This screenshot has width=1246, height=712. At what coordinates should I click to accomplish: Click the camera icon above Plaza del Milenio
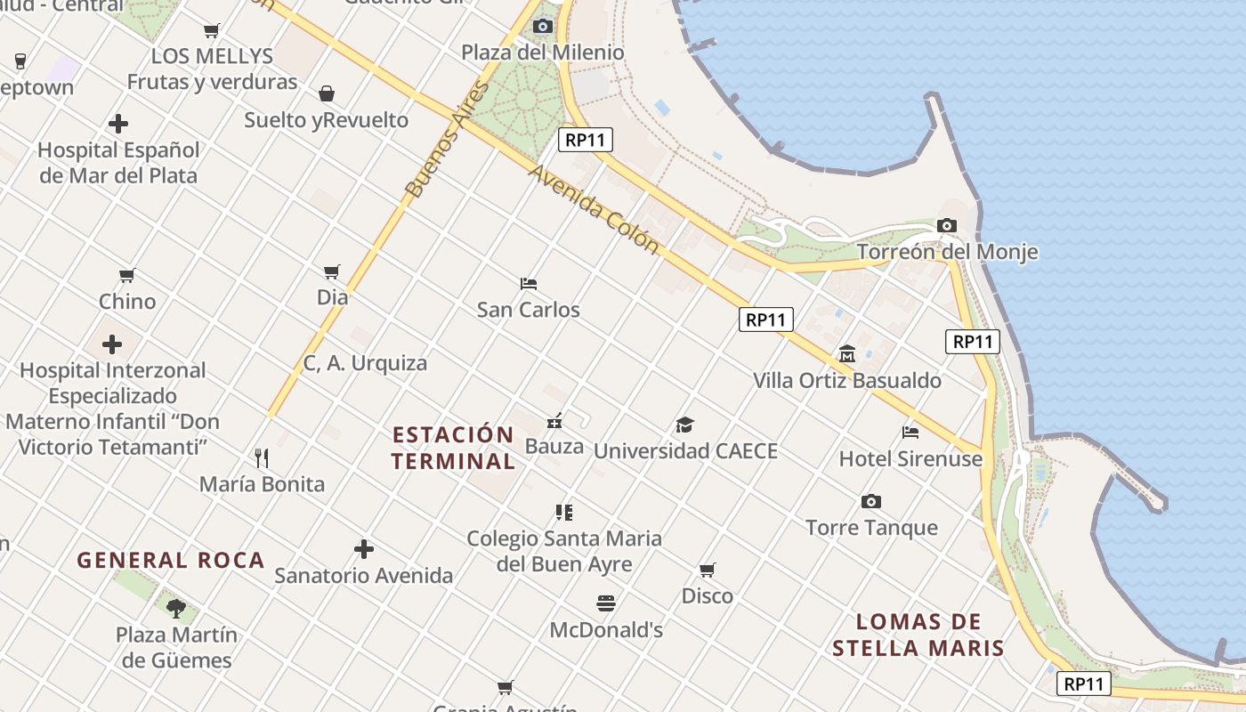542,26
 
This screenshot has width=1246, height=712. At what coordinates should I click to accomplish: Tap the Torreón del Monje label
947,252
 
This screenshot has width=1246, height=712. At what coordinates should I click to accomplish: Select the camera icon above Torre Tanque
870,502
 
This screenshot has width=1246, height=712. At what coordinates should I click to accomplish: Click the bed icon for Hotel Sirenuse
910,433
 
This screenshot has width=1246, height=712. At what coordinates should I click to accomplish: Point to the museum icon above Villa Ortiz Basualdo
846,354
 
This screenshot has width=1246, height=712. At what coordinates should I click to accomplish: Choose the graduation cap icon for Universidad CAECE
684,425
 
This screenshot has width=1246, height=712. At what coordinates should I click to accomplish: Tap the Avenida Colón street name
594,209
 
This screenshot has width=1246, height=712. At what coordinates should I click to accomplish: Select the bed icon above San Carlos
528,284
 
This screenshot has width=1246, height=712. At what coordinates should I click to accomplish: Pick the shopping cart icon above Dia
332,271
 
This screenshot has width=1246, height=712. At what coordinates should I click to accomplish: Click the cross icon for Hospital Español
117,124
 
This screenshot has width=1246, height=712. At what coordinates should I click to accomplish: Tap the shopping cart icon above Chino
126,276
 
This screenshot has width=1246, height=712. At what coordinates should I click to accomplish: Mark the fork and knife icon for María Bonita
262,458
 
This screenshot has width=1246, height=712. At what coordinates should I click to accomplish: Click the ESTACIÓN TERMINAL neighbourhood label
453,448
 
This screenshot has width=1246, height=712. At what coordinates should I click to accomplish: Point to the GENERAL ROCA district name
171,561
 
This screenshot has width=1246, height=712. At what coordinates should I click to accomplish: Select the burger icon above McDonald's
606,603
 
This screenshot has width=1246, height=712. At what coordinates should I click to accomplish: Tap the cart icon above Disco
707,570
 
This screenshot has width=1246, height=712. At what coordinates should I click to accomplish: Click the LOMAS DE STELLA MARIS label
918,635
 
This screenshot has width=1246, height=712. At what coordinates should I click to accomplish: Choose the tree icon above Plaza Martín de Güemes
176,609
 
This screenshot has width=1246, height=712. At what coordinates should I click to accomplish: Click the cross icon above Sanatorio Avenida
363,549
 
